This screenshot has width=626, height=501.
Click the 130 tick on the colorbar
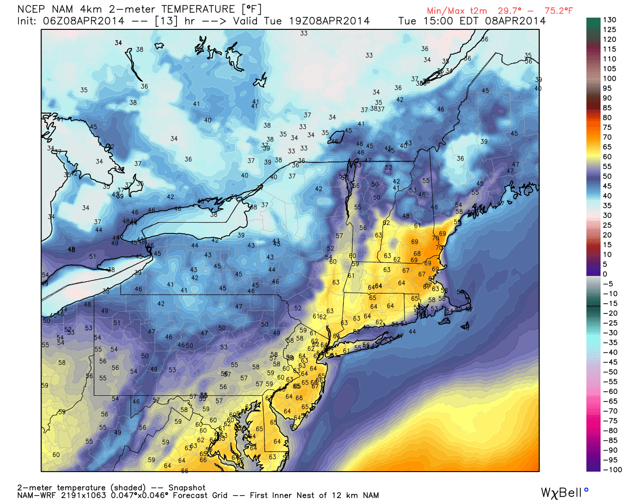tap(609, 20)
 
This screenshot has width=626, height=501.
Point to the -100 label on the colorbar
tap(612, 470)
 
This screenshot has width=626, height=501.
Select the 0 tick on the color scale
tap(605, 274)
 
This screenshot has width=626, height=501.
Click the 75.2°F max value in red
tap(559, 11)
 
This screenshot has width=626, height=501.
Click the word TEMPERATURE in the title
tap(198, 9)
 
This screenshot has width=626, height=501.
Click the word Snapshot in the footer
tap(187, 488)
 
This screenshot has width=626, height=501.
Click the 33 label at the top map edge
tap(304, 33)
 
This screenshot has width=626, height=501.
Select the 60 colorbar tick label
tap(607, 157)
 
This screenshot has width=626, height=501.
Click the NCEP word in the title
tap(31, 9)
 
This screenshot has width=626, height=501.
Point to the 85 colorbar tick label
tap(607, 108)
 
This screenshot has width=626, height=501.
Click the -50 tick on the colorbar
tap(609, 372)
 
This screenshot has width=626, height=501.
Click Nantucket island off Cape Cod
tap(465, 326)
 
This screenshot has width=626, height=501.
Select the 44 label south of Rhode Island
tap(412, 332)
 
